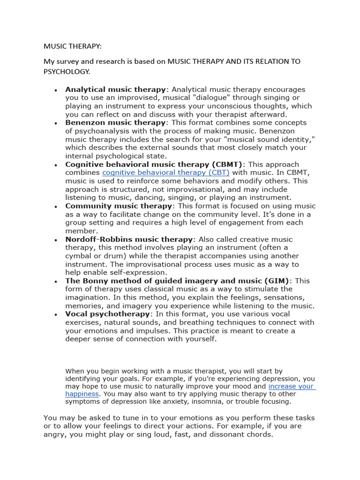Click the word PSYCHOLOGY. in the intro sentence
[x=66, y=72]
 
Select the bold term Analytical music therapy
[x=115, y=89]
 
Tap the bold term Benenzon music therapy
[x=115, y=122]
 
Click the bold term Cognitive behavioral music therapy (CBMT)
[x=154, y=164]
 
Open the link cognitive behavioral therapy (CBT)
[x=166, y=172]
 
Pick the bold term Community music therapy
[x=119, y=206]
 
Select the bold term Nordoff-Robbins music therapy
[x=129, y=239]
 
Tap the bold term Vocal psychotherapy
[x=108, y=314]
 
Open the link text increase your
[x=291, y=387]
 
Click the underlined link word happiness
[x=82, y=394]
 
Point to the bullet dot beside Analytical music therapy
[x=56, y=90]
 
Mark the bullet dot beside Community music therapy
[x=56, y=207]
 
